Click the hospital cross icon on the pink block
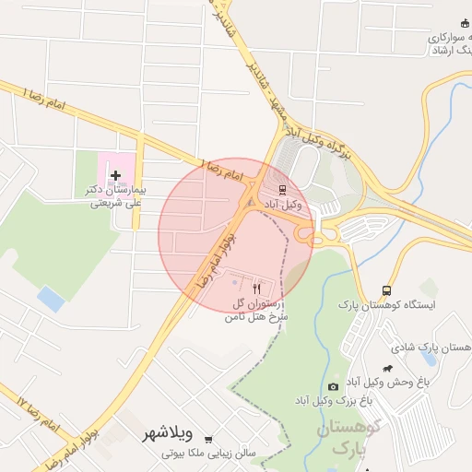tap(115, 175)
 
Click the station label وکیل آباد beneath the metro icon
tap(282, 203)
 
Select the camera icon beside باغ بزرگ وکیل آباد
tap(333, 386)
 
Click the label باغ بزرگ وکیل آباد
tap(333, 401)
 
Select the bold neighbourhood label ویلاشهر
tap(168, 432)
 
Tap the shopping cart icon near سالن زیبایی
tap(208, 440)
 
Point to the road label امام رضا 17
tap(37, 411)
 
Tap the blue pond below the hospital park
tap(51, 299)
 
